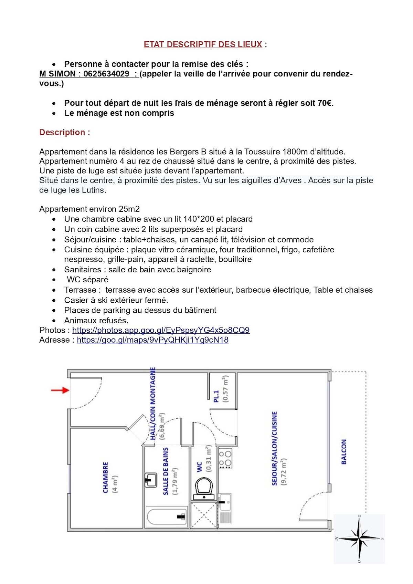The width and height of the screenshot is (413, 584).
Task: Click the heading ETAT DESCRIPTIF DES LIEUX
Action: [203, 44]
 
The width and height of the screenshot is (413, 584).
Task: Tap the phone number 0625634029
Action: [106, 74]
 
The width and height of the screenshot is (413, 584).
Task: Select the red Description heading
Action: [65, 132]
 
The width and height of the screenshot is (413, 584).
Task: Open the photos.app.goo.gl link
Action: [161, 330]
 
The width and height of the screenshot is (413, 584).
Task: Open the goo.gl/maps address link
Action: [152, 340]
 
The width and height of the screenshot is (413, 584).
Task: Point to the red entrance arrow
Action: [60, 390]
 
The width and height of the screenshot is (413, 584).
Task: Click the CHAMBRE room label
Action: [106, 477]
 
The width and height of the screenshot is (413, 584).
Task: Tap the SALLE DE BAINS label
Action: [166, 471]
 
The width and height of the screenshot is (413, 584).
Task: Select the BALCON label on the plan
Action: [343, 452]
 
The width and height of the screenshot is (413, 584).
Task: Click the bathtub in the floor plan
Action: [167, 517]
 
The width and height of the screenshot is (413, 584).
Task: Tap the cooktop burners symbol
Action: [225, 458]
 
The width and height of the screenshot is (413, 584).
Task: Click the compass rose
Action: [359, 538]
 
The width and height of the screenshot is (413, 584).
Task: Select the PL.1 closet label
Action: [216, 396]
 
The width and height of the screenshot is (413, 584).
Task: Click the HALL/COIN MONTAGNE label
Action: [153, 404]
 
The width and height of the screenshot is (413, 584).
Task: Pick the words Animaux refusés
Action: [96, 321]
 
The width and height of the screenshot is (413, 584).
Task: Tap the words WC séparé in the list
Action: [87, 280]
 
